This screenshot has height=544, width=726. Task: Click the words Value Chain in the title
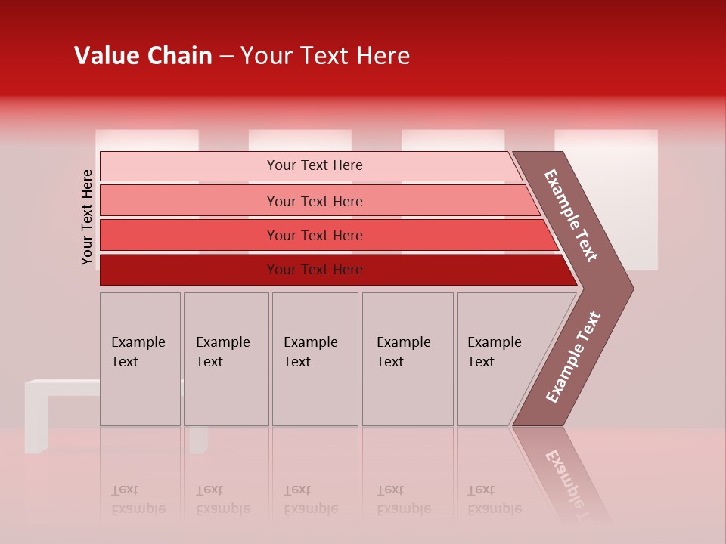point(143,56)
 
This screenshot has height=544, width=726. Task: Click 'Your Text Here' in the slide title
point(325,56)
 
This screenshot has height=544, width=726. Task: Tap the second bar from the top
point(315,201)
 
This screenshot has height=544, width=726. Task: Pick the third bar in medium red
point(315,235)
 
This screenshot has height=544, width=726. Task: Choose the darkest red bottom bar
point(315,270)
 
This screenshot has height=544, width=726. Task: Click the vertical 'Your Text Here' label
point(88,217)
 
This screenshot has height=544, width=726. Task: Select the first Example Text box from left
point(140,359)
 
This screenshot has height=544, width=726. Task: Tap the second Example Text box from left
point(225,359)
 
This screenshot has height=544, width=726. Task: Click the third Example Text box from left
point(315,359)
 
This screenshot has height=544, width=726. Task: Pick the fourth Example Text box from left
point(407,359)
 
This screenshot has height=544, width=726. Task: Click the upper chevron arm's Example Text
point(571,215)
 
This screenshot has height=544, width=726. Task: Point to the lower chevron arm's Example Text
point(573,357)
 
